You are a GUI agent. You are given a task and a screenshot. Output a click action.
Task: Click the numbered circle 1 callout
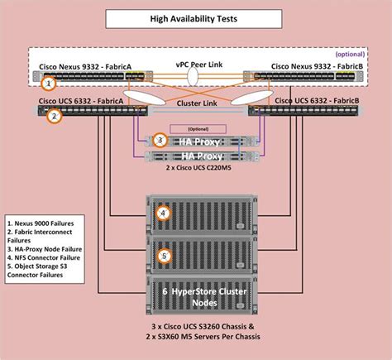pos(50,83)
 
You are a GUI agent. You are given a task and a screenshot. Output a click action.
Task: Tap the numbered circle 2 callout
pos(54,117)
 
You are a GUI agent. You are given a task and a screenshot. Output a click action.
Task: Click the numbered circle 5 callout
pos(164,256)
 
